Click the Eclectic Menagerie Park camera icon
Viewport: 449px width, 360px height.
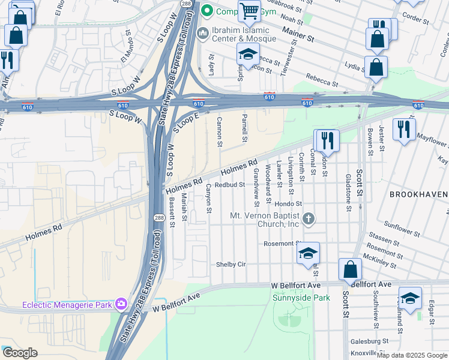122,304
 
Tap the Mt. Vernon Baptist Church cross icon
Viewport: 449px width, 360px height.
309,218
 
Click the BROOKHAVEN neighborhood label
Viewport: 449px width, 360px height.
418,195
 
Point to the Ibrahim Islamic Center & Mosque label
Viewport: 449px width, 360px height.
258,31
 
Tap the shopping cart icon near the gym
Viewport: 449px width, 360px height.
249,10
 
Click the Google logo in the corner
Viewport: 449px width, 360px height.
19,353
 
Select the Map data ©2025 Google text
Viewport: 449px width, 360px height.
412,355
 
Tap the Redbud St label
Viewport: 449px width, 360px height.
230,185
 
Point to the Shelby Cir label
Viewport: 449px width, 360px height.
231,265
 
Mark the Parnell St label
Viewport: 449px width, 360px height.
244,127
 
